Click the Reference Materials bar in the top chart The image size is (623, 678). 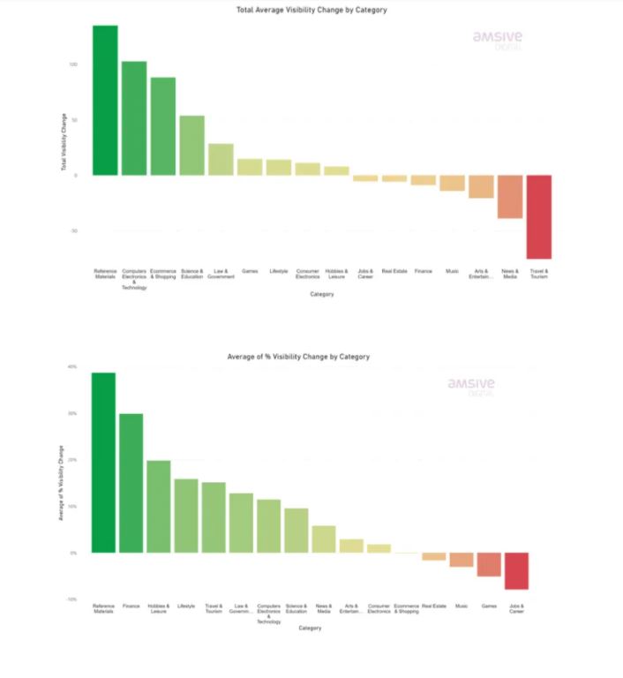105,100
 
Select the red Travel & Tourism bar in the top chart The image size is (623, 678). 538,216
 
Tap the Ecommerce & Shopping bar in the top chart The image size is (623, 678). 163,126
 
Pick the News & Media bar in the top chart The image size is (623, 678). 510,196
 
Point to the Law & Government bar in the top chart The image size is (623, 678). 221,159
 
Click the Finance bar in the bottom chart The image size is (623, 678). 131,483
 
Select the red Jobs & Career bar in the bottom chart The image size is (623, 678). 516,570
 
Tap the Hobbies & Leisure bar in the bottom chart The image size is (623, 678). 158,507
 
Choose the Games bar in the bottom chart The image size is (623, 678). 489,564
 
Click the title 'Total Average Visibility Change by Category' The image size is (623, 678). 311,10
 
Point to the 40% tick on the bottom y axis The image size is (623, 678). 72,366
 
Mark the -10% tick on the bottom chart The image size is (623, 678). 72,599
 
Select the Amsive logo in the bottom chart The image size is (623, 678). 470,387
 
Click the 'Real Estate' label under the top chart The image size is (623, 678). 394,271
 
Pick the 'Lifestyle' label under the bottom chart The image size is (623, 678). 185,606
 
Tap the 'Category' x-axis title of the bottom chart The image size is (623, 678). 310,629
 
